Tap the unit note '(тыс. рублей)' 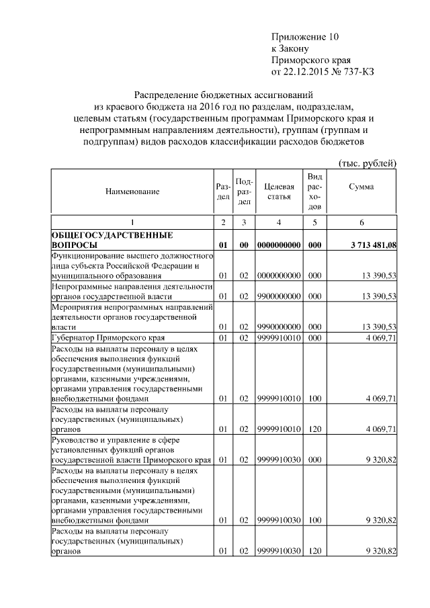369,163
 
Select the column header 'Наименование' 132,191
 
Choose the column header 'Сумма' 361,187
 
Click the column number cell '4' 279,222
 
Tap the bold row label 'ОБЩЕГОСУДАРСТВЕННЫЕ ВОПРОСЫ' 112,241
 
